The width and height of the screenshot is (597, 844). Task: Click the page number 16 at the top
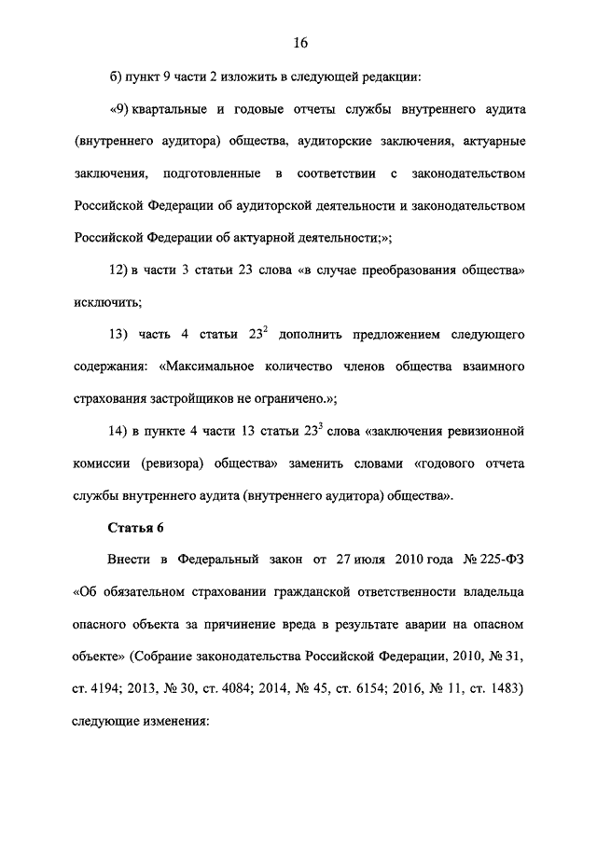(298, 42)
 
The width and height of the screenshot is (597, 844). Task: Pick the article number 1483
(507, 688)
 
